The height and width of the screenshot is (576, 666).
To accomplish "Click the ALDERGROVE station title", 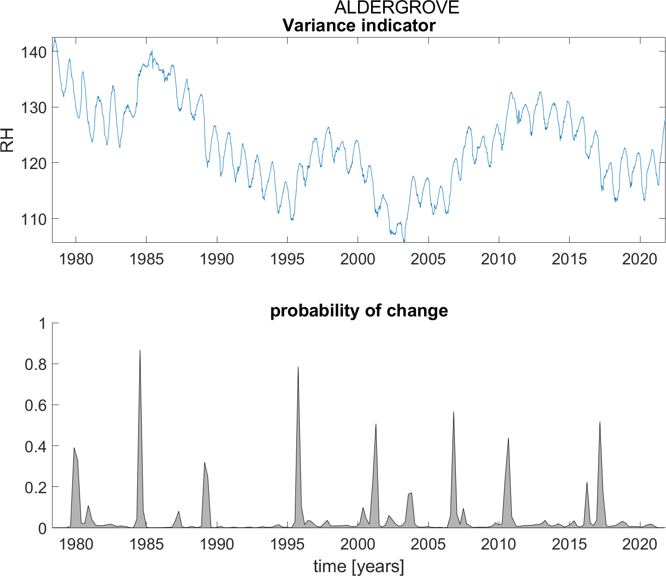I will pyautogui.click(x=397, y=8).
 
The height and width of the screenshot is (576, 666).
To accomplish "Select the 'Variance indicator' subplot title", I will pyautogui.click(x=359, y=25).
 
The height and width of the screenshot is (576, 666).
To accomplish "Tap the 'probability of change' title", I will pyautogui.click(x=359, y=311).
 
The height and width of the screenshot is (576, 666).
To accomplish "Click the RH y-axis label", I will pyautogui.click(x=8, y=140).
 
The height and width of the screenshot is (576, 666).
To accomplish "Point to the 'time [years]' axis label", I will pyautogui.click(x=359, y=566).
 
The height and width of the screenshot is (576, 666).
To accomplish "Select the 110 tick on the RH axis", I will pyautogui.click(x=33, y=219).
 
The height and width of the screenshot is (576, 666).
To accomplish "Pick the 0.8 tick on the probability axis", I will pyautogui.click(x=35, y=364).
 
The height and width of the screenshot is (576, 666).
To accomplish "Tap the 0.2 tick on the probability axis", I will pyautogui.click(x=35, y=487).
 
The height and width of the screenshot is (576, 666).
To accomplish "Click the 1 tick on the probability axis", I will pyautogui.click(x=42, y=323).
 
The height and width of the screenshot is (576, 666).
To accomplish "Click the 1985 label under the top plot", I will pyautogui.click(x=146, y=259).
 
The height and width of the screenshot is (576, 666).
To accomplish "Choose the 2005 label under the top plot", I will pyautogui.click(x=428, y=259).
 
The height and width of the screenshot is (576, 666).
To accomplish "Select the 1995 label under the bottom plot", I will pyautogui.click(x=287, y=545).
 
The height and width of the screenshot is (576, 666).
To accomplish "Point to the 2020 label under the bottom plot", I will pyautogui.click(x=639, y=545).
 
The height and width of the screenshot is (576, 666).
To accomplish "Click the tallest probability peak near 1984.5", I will pyautogui.click(x=140, y=350).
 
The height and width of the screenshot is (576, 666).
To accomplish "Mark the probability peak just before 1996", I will pyautogui.click(x=298, y=367).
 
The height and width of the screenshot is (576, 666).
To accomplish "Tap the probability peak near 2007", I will pyautogui.click(x=453, y=412).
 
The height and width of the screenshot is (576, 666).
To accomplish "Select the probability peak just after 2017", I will pyautogui.click(x=599, y=422).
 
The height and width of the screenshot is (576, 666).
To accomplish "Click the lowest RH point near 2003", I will pyautogui.click(x=404, y=241).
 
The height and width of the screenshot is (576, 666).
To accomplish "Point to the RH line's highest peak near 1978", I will pyautogui.click(x=54, y=38).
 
